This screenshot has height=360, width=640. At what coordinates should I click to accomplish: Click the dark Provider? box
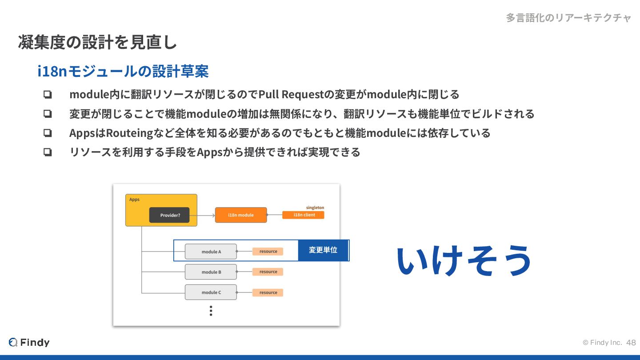[169, 215]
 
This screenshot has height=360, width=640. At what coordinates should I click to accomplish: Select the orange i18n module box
[241, 215]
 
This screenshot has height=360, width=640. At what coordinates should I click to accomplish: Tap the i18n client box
[303, 215]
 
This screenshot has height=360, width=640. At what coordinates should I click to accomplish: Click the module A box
[211, 252]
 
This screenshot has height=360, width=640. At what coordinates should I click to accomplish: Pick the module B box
[211, 272]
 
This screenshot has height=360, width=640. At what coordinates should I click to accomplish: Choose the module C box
[211, 292]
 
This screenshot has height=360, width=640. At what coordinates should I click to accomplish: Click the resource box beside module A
[268, 252]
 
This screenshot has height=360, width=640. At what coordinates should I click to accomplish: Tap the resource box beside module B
[268, 272]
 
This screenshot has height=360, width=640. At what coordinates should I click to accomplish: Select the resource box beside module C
[268, 292]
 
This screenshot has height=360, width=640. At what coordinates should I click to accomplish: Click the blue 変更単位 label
[323, 250]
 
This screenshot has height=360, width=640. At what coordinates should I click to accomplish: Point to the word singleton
[315, 208]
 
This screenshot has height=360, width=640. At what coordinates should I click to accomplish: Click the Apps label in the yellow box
[134, 200]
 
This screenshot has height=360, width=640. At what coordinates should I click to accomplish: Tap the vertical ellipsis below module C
[211, 311]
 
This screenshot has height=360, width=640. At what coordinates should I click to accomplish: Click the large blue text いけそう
[464, 260]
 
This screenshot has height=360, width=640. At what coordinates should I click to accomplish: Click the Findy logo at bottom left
[29, 342]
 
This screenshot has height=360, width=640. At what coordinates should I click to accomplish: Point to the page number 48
[631, 343]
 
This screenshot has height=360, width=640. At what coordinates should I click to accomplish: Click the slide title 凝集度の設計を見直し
[98, 42]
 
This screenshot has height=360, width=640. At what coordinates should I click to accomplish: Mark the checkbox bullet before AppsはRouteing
[48, 133]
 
